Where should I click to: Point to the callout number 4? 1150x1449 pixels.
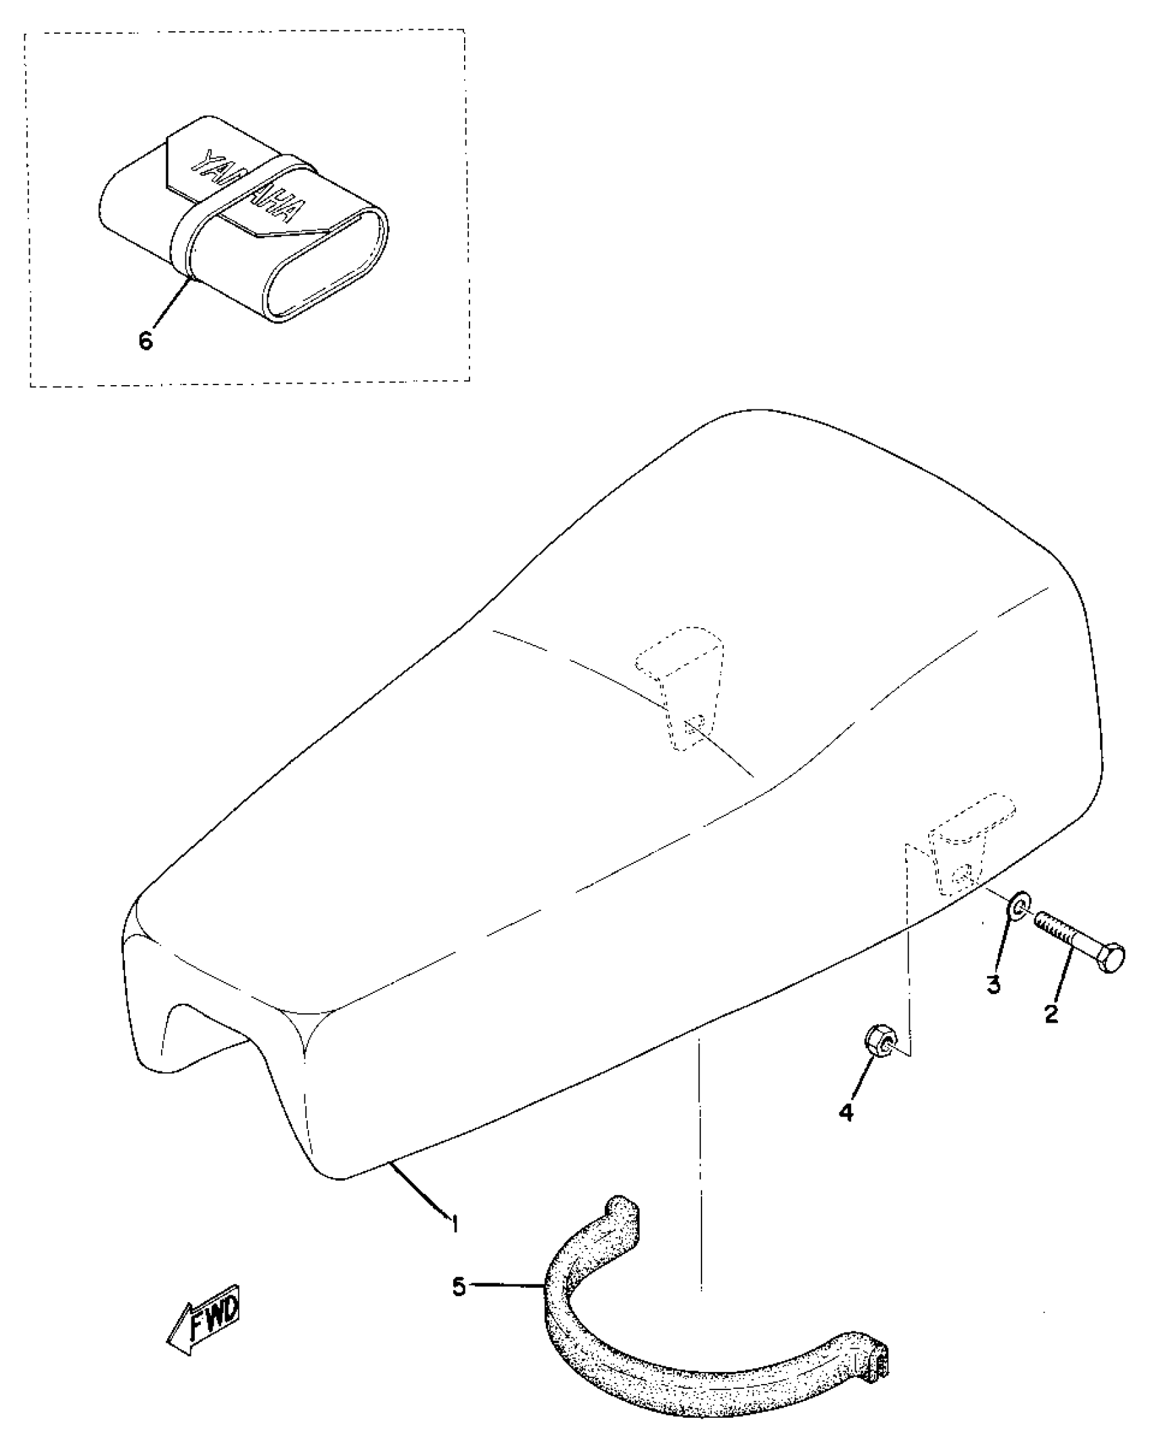847,1111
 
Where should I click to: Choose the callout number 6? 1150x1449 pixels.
146,340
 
